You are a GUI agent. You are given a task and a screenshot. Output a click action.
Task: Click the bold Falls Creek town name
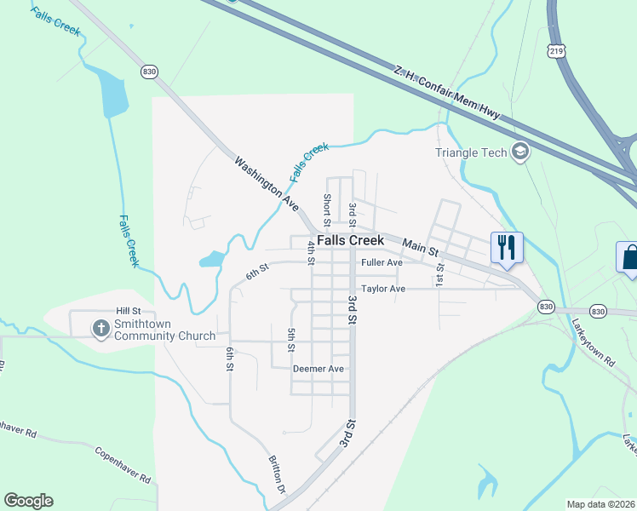350,241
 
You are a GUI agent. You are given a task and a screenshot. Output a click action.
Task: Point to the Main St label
420,248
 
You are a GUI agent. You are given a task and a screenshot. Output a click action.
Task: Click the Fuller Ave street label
382,263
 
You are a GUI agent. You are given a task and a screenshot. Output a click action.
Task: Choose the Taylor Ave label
383,289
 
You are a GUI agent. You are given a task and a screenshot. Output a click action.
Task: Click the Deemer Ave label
318,369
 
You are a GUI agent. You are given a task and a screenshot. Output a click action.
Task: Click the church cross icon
100,329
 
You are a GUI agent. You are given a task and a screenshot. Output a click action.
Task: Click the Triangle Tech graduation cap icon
519,152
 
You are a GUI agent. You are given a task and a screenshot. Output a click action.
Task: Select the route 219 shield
557,50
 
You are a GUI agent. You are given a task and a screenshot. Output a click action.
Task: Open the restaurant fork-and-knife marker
507,248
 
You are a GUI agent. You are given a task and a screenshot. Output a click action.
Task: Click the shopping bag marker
628,257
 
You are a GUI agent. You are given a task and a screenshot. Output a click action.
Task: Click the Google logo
28,501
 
